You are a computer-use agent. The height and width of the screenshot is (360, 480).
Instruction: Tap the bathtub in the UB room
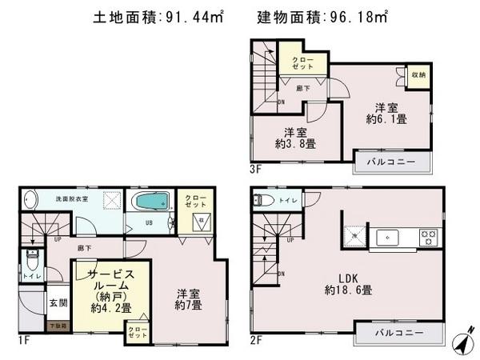pos(150,199)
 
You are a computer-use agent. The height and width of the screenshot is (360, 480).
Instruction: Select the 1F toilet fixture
pos(31,260)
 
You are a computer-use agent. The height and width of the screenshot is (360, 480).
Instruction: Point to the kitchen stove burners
pos(429,237)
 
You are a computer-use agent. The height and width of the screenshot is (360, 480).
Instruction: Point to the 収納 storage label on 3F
pos(418,74)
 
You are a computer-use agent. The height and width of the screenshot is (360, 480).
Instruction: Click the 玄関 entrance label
pos(58,302)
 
